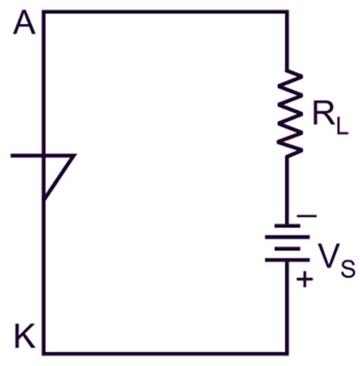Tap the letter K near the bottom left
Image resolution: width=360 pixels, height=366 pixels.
[x=25, y=334]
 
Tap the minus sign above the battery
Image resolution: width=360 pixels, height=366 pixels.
[x=306, y=216]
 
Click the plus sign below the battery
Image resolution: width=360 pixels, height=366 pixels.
[x=305, y=279]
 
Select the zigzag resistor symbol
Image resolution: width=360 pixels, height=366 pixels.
[x=287, y=114]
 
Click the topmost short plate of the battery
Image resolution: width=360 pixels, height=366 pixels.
[x=287, y=225]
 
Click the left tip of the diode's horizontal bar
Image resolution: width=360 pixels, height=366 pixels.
[x=13, y=156]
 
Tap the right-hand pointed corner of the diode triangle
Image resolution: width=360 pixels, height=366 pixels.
[x=75, y=156]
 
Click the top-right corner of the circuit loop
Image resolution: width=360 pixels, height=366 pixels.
[x=287, y=12]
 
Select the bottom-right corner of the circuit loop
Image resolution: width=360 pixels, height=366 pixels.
[x=287, y=353]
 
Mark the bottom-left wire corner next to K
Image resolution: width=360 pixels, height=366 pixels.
[x=43, y=353]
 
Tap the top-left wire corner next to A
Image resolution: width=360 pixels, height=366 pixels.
[x=43, y=12]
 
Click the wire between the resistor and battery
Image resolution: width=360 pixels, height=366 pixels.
[x=287, y=190]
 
